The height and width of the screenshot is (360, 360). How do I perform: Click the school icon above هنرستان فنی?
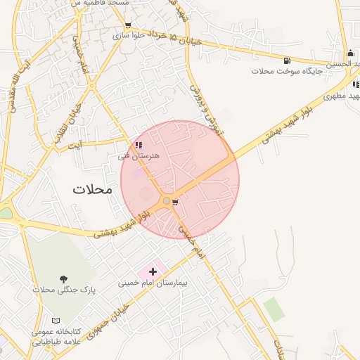click(x=139, y=145)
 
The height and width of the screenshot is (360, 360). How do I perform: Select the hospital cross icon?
click(x=153, y=271)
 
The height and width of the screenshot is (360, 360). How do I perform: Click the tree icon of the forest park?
click(x=64, y=279)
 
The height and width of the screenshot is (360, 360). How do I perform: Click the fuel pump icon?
click(x=287, y=60)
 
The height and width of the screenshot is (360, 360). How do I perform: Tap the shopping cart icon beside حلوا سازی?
click(x=127, y=26)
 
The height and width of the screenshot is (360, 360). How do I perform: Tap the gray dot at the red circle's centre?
click(x=167, y=201)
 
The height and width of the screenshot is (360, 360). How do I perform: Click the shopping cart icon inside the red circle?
click(x=175, y=202)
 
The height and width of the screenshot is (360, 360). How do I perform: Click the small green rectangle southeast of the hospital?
click(x=274, y=309)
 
